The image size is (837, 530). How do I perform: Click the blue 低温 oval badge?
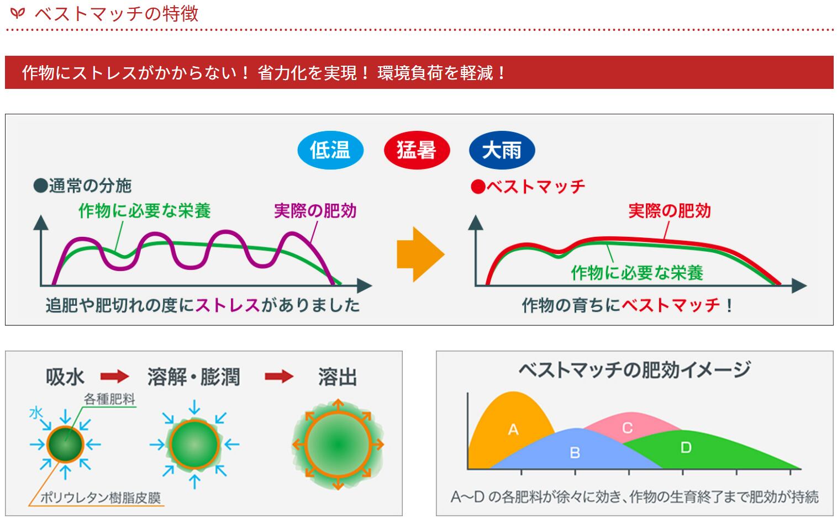(x=330, y=150)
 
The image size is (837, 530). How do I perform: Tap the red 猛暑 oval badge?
(x=417, y=150)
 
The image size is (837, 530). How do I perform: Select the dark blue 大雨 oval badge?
(x=502, y=150)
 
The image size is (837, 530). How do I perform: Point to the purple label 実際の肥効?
(x=315, y=211)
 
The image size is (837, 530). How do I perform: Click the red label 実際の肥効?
(x=669, y=211)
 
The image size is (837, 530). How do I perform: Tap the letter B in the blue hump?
(x=575, y=453)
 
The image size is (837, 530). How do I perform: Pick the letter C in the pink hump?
(x=627, y=428)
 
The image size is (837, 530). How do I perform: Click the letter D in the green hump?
(x=686, y=447)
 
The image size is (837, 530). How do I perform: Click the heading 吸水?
(x=65, y=377)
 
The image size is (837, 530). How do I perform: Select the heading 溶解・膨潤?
(x=193, y=377)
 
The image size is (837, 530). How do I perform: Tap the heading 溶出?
(x=337, y=377)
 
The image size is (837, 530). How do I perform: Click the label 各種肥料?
(x=109, y=399)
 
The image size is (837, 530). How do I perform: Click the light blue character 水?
(x=36, y=412)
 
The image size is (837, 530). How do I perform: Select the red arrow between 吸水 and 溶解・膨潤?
(x=114, y=377)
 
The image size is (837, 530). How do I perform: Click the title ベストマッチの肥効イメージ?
(x=634, y=369)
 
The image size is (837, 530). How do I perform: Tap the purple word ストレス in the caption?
(x=227, y=305)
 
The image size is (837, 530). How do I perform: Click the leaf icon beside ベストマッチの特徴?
(x=18, y=12)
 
